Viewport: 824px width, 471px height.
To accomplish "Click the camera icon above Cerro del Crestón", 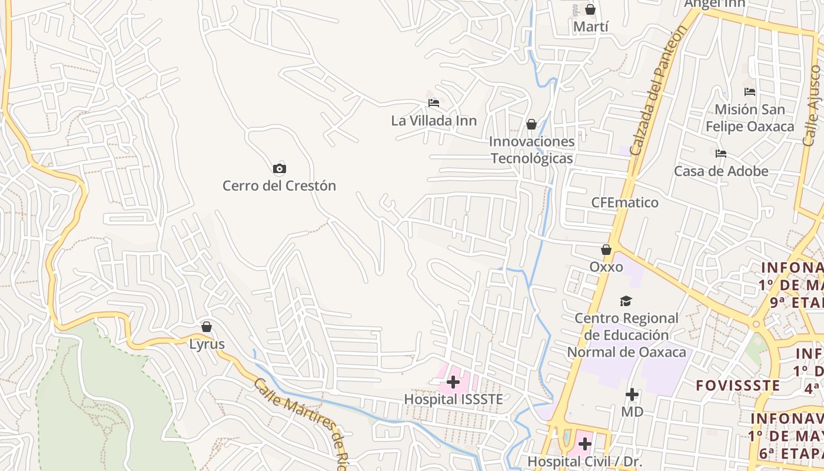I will click(280, 169).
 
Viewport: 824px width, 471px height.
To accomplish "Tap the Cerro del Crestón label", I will click(279, 186).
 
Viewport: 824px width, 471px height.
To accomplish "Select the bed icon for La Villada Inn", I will click(434, 103).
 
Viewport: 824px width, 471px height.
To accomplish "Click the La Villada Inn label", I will click(434, 121).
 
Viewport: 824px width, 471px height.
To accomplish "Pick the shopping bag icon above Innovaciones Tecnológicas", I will click(531, 124).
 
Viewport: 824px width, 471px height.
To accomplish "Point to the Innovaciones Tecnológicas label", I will click(532, 150).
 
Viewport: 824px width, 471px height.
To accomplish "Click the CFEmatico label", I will click(625, 203).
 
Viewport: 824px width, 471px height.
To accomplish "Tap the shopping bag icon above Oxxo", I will click(606, 250).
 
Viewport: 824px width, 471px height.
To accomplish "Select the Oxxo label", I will click(606, 267).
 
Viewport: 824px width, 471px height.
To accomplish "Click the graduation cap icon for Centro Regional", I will click(626, 301).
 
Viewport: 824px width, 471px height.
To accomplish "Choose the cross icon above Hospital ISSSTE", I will click(453, 383).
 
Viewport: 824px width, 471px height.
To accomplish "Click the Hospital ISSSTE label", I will click(453, 399).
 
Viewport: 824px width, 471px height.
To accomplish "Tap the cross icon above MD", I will click(632, 394).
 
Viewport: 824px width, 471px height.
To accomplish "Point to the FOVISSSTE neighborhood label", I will click(738, 386).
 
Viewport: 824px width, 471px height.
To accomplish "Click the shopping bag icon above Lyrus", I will click(207, 327).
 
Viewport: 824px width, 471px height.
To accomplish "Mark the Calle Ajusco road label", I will click(812, 106).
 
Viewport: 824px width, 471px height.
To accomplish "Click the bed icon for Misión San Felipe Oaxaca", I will click(750, 92).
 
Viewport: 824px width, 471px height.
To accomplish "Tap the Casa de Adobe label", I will click(721, 171).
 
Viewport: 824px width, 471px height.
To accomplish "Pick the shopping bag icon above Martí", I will click(590, 10).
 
